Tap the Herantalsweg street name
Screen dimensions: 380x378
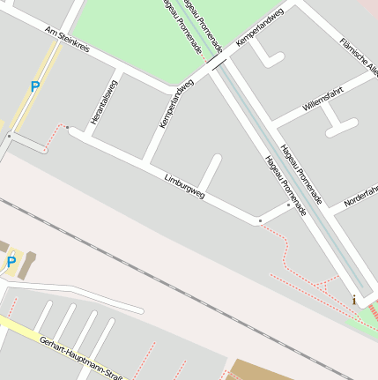click(x=103, y=102)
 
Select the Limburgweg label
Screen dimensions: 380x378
click(x=184, y=186)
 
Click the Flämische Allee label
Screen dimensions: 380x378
click(x=359, y=57)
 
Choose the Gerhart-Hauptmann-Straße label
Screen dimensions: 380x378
click(x=79, y=354)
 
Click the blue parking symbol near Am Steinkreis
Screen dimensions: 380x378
click(x=35, y=86)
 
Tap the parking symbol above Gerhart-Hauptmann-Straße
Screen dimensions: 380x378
click(x=11, y=262)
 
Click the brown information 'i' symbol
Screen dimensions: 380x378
click(x=354, y=300)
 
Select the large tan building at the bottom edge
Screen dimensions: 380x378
click(x=260, y=370)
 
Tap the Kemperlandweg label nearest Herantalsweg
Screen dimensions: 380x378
click(x=176, y=104)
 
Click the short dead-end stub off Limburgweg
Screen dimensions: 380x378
click(x=210, y=171)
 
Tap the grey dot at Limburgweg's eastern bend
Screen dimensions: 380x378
click(x=260, y=220)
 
